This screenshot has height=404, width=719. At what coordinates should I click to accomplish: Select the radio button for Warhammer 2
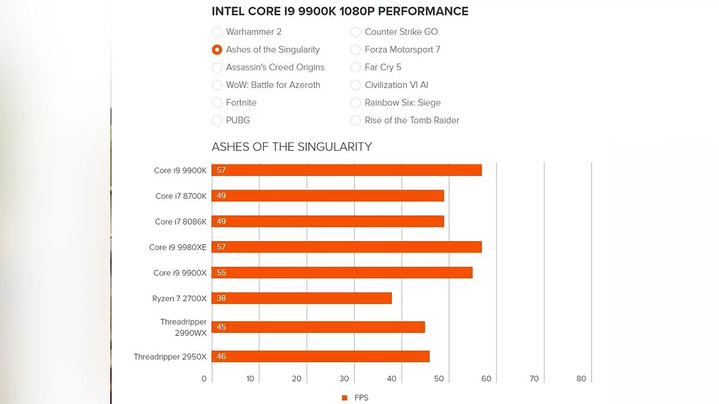217,32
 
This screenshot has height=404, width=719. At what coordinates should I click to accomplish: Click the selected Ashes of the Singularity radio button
217,50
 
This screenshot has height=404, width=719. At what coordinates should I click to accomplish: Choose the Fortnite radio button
217,103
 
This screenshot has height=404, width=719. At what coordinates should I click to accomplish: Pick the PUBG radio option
217,120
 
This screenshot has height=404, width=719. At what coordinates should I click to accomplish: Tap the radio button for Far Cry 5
355,67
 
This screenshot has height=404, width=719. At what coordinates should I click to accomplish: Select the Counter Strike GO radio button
355,32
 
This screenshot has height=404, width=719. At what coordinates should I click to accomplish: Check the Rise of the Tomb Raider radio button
355,120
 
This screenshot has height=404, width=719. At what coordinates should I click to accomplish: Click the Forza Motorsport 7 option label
402,50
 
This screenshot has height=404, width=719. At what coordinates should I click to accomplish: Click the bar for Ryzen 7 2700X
302,298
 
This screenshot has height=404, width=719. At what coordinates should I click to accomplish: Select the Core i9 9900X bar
342,273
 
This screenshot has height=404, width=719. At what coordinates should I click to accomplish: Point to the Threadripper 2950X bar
321,357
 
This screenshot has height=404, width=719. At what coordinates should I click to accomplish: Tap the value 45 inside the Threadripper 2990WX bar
221,327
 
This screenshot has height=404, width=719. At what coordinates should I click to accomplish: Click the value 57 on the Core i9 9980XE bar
221,247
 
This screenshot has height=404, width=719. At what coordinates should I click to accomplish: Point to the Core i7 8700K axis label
180,196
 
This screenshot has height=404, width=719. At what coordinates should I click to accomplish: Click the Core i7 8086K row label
180,222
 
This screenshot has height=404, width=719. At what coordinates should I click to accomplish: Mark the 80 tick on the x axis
581,379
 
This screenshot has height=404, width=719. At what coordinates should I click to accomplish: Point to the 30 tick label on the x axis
344,379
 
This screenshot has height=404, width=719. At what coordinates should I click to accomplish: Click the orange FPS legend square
345,398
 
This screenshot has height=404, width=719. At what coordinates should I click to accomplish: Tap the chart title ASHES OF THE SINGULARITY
292,147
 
